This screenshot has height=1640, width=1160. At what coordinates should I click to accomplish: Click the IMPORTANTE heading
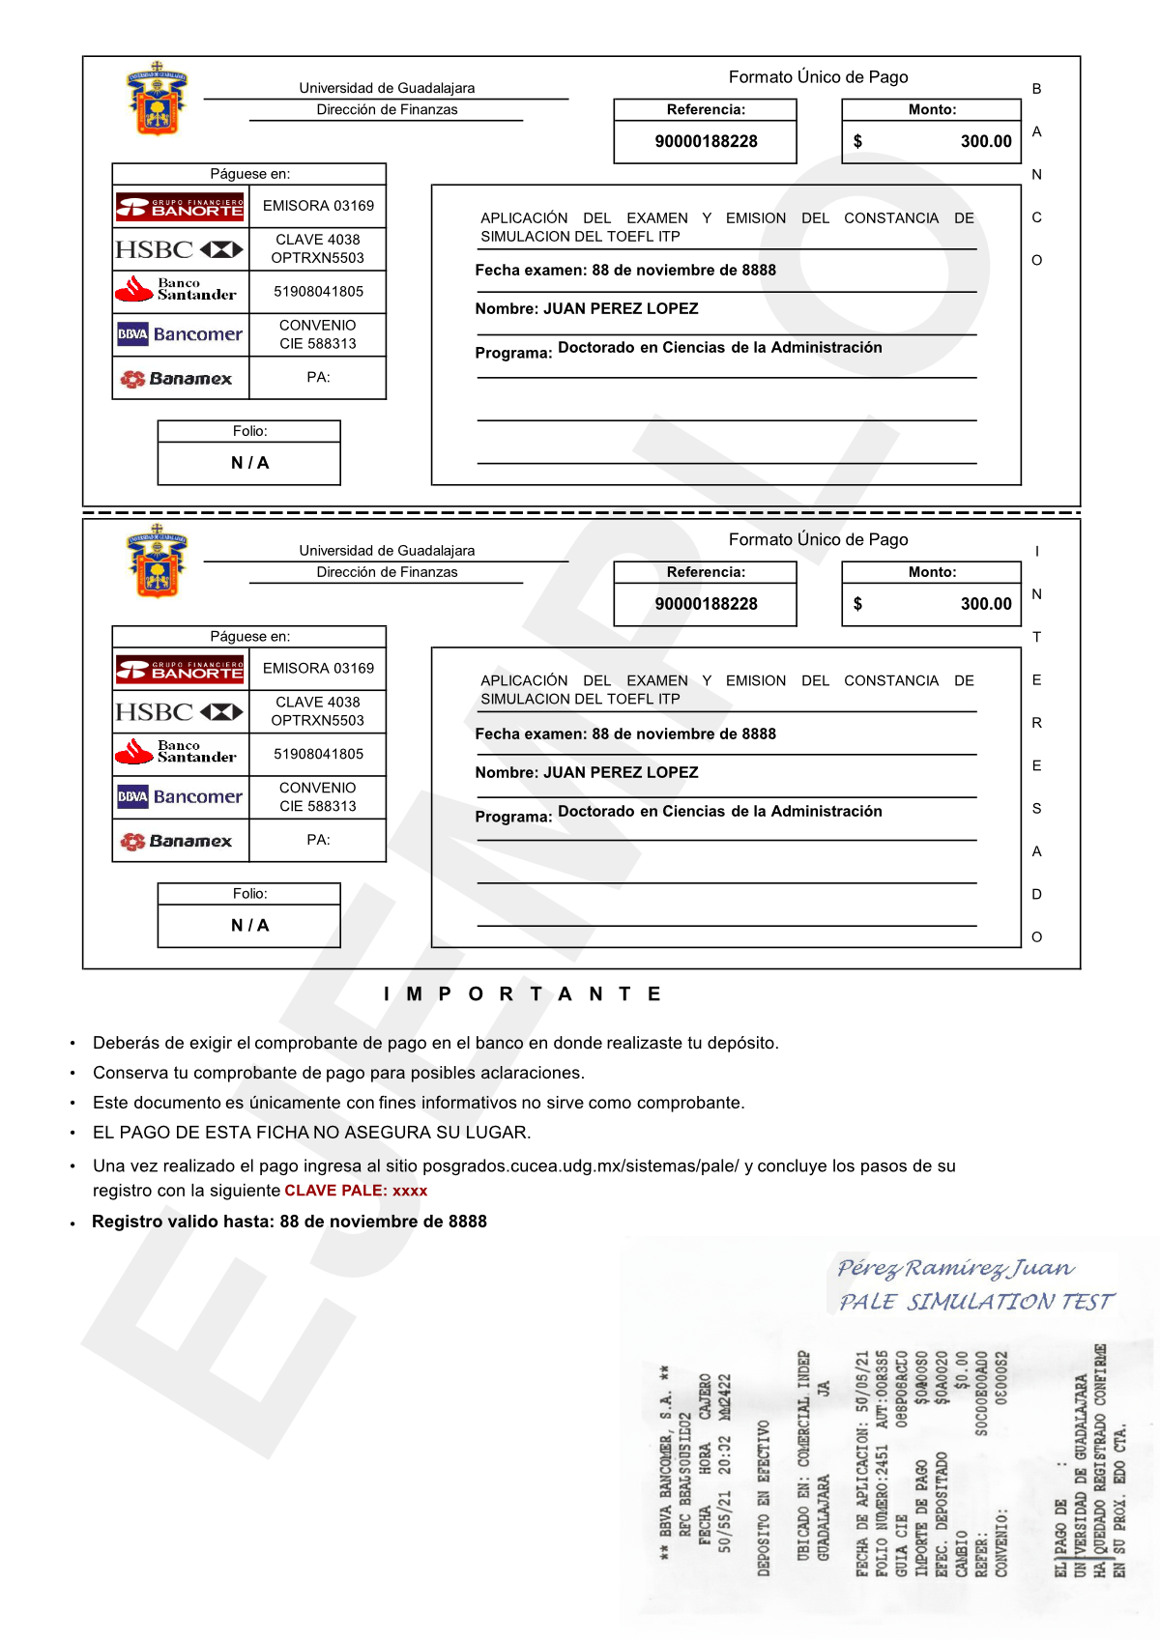[x=523, y=993]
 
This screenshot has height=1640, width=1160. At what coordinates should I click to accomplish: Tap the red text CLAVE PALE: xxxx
[x=356, y=1191]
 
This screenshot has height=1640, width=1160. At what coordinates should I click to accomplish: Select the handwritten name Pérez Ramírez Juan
[x=955, y=1267]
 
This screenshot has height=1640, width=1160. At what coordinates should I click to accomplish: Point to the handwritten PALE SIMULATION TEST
[x=976, y=1302]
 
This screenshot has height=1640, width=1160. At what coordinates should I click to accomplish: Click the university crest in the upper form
[x=156, y=100]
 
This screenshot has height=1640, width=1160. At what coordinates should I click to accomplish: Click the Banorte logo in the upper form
[x=181, y=206]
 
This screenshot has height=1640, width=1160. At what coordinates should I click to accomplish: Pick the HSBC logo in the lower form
[x=180, y=712]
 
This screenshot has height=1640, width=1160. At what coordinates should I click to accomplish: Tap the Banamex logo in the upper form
[x=177, y=379]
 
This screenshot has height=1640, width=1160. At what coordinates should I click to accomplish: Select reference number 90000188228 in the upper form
[x=706, y=141]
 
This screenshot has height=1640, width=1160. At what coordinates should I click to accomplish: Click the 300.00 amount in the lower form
[x=985, y=604]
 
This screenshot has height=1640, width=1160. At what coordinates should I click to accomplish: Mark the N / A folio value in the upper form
[x=249, y=463]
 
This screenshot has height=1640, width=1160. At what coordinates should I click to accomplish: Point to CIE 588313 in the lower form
[x=318, y=806]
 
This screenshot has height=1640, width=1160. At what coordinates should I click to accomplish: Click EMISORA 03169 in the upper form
[x=318, y=206]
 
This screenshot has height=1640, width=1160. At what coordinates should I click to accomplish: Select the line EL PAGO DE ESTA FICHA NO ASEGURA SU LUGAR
[x=311, y=1132]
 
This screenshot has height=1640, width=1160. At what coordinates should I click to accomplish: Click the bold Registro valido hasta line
[x=289, y=1222]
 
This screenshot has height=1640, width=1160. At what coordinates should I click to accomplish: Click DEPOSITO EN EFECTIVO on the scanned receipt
[x=764, y=1498]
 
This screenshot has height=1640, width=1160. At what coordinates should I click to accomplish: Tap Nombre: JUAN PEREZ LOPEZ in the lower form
[x=586, y=772]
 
